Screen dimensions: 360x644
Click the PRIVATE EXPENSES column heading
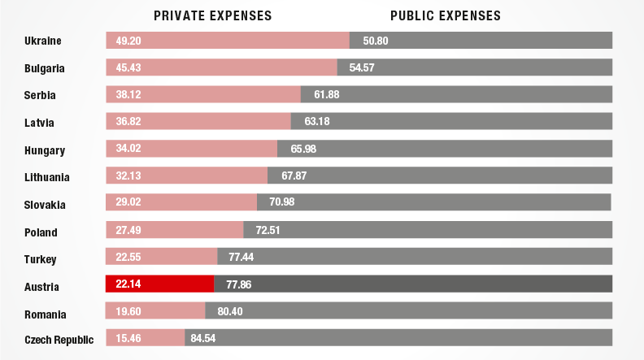click(x=212, y=15)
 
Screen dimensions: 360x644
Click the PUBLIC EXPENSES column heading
click(x=446, y=15)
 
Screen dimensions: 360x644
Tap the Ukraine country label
click(x=43, y=41)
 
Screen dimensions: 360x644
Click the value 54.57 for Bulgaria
click(x=361, y=67)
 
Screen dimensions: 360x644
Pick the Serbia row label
click(x=40, y=95)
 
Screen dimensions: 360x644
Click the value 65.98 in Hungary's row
click(x=302, y=150)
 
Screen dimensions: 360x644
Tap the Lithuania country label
click(x=46, y=177)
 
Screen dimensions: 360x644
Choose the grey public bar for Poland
click(x=439, y=231)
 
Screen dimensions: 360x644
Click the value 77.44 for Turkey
click(x=241, y=257)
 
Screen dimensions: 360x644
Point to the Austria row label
click(x=41, y=287)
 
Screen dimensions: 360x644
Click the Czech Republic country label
click(x=59, y=340)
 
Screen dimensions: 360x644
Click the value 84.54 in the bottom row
click(x=203, y=337)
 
